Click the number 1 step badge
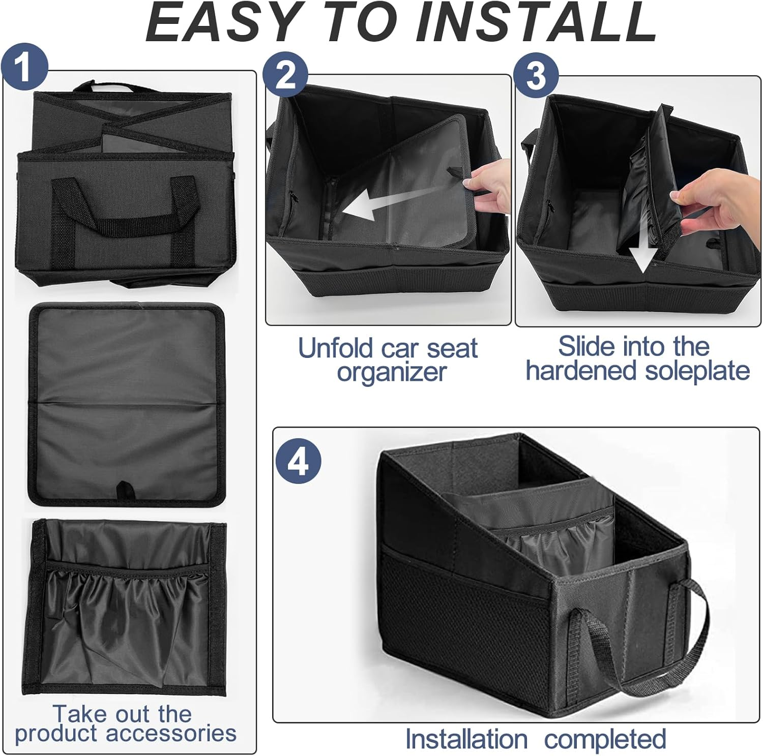[x=24, y=68]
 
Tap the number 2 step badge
[x=285, y=76]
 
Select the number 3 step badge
[x=536, y=76]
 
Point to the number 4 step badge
[x=298, y=461]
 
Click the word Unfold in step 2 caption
[x=335, y=349]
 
